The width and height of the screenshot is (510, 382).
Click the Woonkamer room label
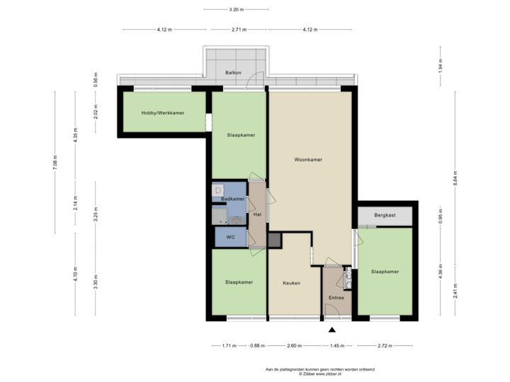pos(308,160)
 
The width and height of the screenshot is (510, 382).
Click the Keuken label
pos(291,283)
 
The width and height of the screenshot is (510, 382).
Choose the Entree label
pos(336,297)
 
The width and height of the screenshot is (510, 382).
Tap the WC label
pos(230,237)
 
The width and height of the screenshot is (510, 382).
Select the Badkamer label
pos(232,199)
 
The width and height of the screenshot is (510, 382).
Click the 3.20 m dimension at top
pos(236,10)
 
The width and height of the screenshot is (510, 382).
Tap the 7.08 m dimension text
pos(56,162)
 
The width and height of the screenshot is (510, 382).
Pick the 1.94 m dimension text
pos(440,67)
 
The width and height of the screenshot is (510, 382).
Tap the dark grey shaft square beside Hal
pos(274,241)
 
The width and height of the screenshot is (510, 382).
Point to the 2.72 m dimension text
pos(384,346)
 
